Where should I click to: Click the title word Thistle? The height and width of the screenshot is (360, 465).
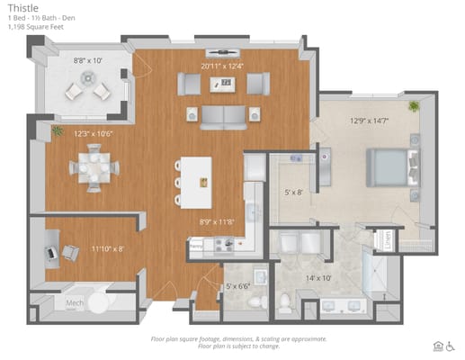[21, 7]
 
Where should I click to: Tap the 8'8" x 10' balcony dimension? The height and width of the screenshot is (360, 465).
[88, 60]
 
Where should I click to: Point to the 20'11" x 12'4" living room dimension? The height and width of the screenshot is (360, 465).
[220, 66]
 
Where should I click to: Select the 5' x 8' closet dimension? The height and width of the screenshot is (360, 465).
[295, 191]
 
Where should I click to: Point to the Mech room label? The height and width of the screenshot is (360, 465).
[74, 304]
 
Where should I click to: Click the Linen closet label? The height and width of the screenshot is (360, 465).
[387, 240]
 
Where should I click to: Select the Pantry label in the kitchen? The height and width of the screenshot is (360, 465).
[196, 244]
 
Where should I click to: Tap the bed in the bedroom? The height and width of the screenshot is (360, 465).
[389, 166]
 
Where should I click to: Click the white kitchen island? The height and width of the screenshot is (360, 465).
[196, 182]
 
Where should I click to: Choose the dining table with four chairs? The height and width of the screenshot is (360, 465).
[94, 167]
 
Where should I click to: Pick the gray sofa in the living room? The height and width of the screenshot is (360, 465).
[220, 115]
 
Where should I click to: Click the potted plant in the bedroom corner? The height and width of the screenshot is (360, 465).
[413, 107]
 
